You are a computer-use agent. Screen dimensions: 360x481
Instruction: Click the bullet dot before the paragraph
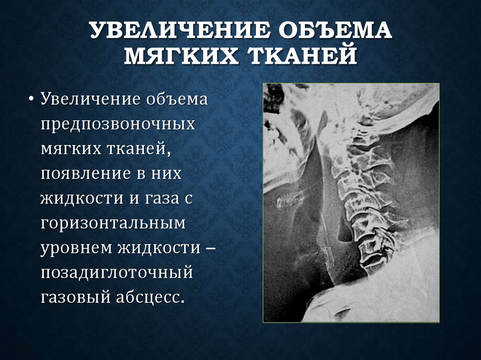[31, 100]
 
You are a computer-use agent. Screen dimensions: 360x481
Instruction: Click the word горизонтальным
[113, 223]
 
